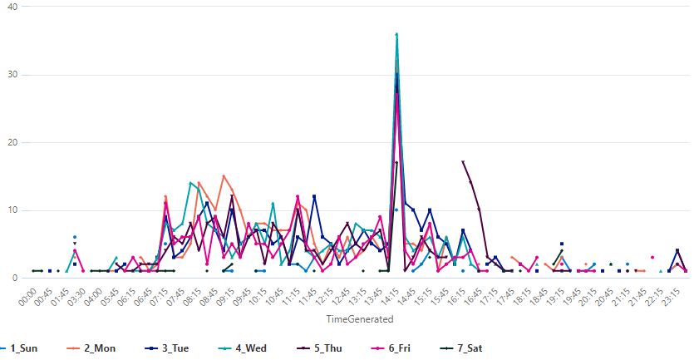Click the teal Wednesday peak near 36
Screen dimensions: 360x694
tap(397, 35)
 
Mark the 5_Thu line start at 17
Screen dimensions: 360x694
tap(462, 162)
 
